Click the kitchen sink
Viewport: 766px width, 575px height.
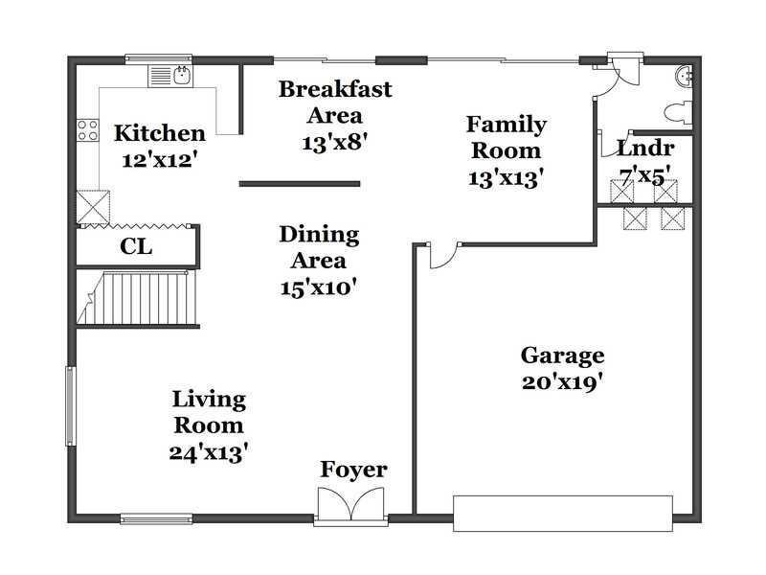click(170, 76)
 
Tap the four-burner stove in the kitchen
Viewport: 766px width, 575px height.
click(88, 130)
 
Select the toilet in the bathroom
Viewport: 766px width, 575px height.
click(679, 112)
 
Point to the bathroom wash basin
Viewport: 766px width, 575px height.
click(684, 77)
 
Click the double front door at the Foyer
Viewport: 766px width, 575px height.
click(350, 504)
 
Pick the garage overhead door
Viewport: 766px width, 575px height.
click(563, 514)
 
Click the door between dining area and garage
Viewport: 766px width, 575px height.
click(443, 255)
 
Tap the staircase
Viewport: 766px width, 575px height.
click(138, 298)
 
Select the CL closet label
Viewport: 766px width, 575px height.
click(136, 247)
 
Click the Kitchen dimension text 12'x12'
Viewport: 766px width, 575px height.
click(160, 160)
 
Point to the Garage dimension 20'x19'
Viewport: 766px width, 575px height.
click(562, 382)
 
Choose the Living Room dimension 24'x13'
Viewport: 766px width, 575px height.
click(209, 452)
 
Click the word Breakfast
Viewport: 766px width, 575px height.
click(335, 89)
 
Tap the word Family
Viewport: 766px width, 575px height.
click(507, 125)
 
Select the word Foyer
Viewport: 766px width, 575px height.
click(353, 471)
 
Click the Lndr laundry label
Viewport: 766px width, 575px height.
click(645, 149)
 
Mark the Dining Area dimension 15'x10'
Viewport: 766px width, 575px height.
click(318, 287)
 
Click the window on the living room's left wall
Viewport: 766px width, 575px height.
click(71, 405)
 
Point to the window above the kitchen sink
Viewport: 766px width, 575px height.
click(158, 59)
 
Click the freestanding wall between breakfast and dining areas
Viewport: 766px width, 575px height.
click(300, 184)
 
